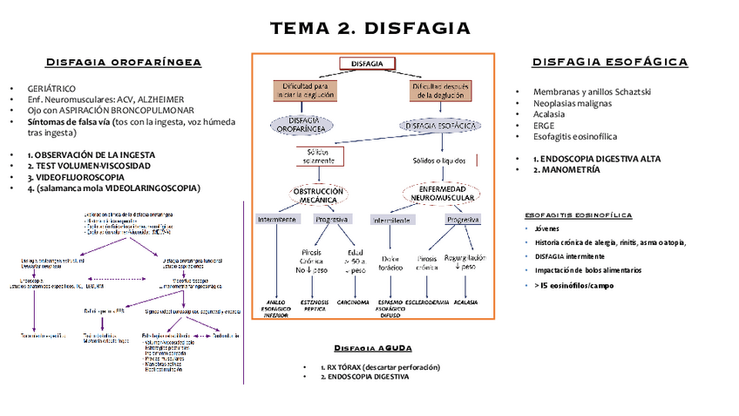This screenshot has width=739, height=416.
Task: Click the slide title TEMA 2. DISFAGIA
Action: click(370, 29)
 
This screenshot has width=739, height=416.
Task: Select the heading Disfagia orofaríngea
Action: click(124, 62)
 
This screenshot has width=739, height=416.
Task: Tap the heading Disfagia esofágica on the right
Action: click(610, 62)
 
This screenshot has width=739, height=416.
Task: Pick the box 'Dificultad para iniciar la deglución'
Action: click(302, 91)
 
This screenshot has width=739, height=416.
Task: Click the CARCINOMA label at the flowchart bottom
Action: click(353, 302)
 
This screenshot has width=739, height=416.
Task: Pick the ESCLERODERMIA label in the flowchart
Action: click(427, 302)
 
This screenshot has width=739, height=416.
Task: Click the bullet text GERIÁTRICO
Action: click(51, 89)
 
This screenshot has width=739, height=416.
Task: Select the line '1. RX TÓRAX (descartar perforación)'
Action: click(381, 367)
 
